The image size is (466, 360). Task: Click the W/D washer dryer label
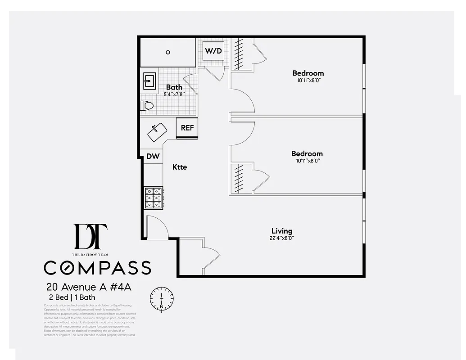tap(213, 51)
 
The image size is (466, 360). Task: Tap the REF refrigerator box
tap(187, 128)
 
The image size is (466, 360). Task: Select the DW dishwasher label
tap(153, 156)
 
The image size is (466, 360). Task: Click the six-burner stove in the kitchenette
tap(153, 198)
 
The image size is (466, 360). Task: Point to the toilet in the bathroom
tap(147, 106)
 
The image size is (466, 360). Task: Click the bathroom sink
tap(149, 81)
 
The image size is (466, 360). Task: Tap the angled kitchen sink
tap(157, 132)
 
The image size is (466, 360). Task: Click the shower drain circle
tap(168, 52)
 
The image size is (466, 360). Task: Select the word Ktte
tap(179, 167)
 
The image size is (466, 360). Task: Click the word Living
tap(282, 231)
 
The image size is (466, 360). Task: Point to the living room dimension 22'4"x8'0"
tap(282, 238)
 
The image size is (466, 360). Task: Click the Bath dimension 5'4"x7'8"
tap(174, 94)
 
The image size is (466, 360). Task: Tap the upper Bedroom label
tap(308, 73)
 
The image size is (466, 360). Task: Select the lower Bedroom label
tap(307, 153)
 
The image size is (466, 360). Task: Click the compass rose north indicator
tap(161, 298)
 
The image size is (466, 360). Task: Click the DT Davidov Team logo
tap(90, 237)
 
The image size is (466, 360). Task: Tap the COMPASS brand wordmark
tap(97, 267)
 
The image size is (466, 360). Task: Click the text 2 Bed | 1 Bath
tap(72, 297)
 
